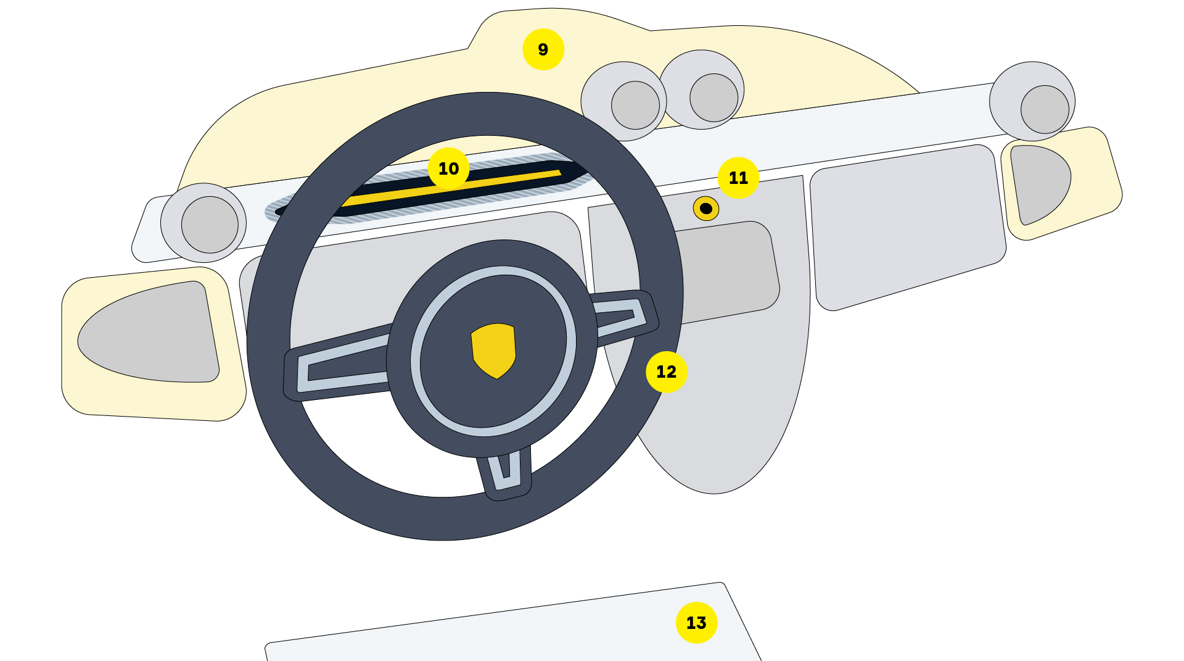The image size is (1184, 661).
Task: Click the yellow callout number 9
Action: tap(543, 49)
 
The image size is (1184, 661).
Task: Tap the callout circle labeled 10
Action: tap(448, 168)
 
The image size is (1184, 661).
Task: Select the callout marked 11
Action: tap(738, 178)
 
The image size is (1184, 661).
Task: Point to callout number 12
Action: tap(667, 372)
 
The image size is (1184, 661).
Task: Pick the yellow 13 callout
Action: tap(696, 623)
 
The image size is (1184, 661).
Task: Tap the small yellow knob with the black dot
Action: tap(706, 209)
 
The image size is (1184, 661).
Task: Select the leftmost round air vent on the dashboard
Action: tap(203, 223)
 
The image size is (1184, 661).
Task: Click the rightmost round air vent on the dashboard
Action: tap(1032, 101)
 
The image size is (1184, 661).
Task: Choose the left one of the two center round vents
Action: tap(624, 101)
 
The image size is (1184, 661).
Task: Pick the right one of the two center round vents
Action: tap(702, 89)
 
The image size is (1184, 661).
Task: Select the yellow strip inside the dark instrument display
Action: tap(450, 188)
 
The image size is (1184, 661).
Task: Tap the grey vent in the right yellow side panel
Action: tap(1040, 183)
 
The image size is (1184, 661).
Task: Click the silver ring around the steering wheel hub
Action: tap(493, 351)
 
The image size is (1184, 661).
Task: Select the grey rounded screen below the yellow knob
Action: tap(728, 272)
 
